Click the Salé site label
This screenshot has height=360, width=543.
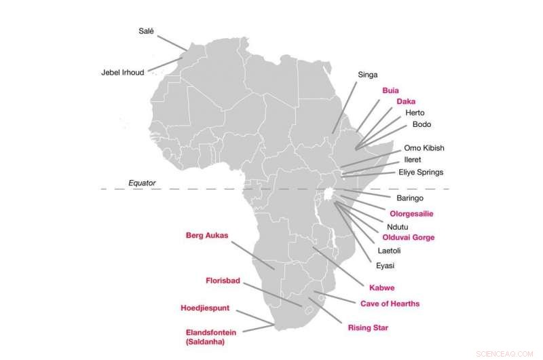point(146,31)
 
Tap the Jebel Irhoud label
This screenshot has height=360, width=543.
point(123,73)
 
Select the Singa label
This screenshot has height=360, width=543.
point(367,75)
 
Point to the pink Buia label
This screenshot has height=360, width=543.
point(390,90)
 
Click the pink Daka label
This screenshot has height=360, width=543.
point(406,101)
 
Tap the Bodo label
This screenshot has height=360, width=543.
point(422,124)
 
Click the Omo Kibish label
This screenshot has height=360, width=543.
point(424,148)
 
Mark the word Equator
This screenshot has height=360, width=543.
point(143,183)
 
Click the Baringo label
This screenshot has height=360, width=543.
point(410,198)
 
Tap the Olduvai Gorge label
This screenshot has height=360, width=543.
point(409,238)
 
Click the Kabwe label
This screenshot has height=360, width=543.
point(381,287)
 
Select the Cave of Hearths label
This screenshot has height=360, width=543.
point(390,304)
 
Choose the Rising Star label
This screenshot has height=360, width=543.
point(368,327)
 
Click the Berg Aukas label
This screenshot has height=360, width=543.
point(207,236)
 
